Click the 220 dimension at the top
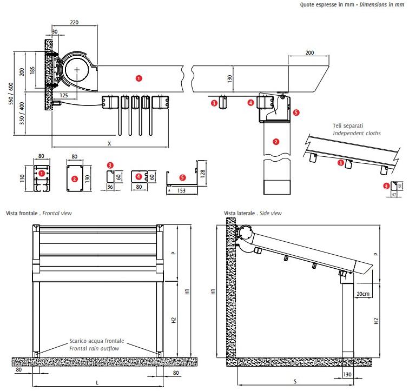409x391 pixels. coord(75,22)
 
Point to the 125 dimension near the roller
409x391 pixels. coord(64,96)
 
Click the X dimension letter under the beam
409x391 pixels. coord(110,143)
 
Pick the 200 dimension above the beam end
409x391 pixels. coord(309,53)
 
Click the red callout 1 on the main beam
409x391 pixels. coord(138,78)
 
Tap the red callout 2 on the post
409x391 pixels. coord(276,142)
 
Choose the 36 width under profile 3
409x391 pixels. coord(109,188)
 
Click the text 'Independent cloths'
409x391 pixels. coord(358,133)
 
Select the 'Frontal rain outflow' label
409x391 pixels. coord(96,348)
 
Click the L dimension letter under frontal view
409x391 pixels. coord(97,382)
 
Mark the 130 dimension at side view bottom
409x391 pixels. coord(347,374)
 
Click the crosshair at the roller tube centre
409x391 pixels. coord(78,70)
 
